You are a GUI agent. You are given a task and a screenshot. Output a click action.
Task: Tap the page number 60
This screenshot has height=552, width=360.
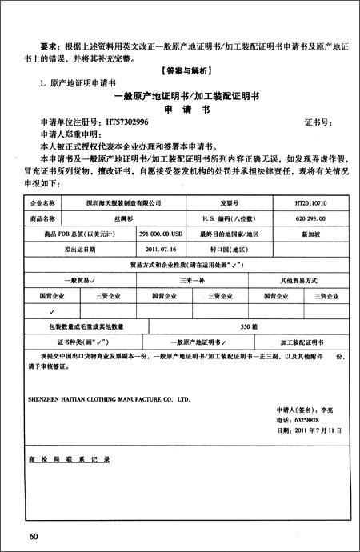[x=34, y=534]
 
